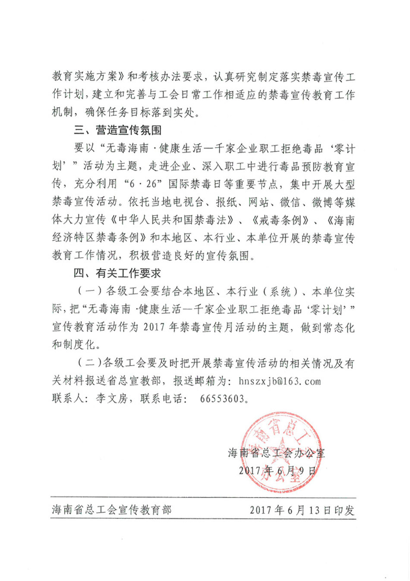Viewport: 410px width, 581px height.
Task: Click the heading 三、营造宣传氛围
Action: pyautogui.click(x=117, y=130)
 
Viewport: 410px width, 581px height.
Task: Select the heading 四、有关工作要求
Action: pyautogui.click(x=117, y=274)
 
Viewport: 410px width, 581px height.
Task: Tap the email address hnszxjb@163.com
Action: pyautogui.click(x=280, y=381)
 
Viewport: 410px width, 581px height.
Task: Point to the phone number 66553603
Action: pyautogui.click(x=222, y=399)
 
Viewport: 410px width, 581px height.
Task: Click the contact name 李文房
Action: pyautogui.click(x=112, y=399)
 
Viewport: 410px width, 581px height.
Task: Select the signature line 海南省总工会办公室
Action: pyautogui.click(x=276, y=453)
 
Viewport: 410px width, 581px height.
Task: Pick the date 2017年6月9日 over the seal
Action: pyautogui.click(x=277, y=470)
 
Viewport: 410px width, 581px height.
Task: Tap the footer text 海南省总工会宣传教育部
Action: pyautogui.click(x=112, y=510)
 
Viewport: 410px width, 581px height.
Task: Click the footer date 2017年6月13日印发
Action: pyautogui.click(x=302, y=510)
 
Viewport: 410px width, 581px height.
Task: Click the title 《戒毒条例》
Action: pyautogui.click(x=280, y=220)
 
